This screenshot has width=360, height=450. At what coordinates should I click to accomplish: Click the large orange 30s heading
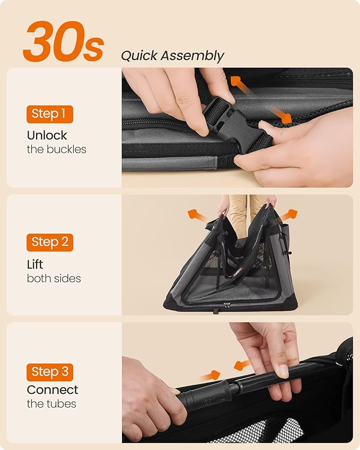pos(63,42)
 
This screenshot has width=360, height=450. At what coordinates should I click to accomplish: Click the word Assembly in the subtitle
pos(192,56)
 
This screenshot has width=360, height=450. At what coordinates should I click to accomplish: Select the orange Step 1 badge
pos(50,114)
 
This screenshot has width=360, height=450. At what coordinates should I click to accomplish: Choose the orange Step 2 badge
pos(50,242)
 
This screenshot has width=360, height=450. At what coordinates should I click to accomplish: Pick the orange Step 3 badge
pos(50,372)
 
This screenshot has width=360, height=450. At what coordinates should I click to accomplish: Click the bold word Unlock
pos(47,135)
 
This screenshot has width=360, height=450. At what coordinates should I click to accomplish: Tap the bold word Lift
pos(35,264)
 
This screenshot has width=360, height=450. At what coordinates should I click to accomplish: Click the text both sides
pos(54,278)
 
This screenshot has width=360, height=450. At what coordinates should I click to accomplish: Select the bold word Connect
pos(52,390)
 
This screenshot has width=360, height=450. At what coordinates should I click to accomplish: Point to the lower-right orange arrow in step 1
pos(282,116)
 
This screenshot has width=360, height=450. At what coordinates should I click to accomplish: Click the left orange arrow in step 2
pos(196,215)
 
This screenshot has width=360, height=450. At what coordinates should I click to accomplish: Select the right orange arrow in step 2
pos(288,215)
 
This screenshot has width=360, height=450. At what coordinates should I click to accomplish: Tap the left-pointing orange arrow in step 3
pos(242,365)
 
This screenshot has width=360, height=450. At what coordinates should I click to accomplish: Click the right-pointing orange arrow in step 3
pos(210,375)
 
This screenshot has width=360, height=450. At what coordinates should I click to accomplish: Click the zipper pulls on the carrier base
pos(227,305)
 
